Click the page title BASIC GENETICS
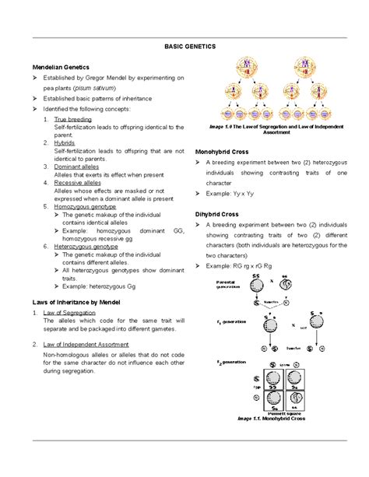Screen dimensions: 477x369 [x=184, y=47]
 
